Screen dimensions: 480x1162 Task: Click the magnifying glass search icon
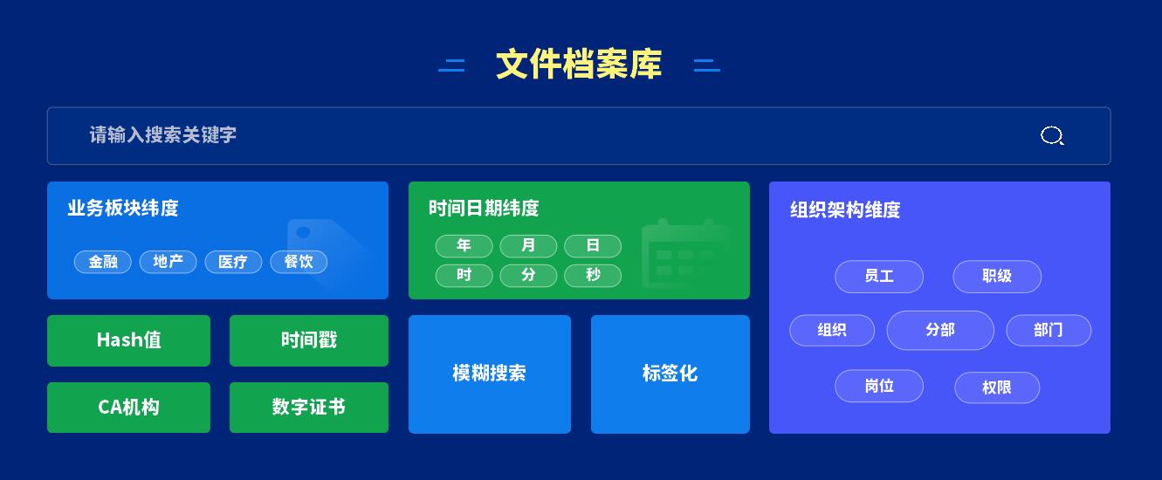[x=1052, y=135]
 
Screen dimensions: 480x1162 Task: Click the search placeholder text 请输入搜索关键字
[x=162, y=135]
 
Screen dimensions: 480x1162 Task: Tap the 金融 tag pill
[x=103, y=262]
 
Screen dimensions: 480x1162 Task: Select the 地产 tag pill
[x=168, y=262]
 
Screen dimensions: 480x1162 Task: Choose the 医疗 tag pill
[x=233, y=262]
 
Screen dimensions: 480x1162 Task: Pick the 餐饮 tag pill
[x=299, y=262]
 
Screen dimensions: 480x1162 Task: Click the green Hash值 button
[x=128, y=340]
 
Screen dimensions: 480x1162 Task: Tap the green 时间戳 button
[x=309, y=340]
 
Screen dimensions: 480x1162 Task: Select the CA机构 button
[x=128, y=408]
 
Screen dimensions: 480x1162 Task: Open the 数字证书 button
[x=309, y=408]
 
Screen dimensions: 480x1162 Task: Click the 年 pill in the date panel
[x=464, y=246]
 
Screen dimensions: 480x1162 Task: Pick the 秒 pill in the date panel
[x=593, y=276]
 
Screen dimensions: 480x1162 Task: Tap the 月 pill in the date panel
[x=528, y=246]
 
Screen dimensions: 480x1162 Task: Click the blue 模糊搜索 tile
[x=489, y=374]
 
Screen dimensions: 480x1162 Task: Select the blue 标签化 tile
[x=670, y=374]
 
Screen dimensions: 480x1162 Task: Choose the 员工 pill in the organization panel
[x=879, y=277]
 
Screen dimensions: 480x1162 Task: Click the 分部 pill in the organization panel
[x=940, y=330]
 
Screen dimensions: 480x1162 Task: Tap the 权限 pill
[x=997, y=387]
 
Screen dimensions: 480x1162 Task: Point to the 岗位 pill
[x=879, y=386]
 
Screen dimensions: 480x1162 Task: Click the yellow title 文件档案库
[x=579, y=65]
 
